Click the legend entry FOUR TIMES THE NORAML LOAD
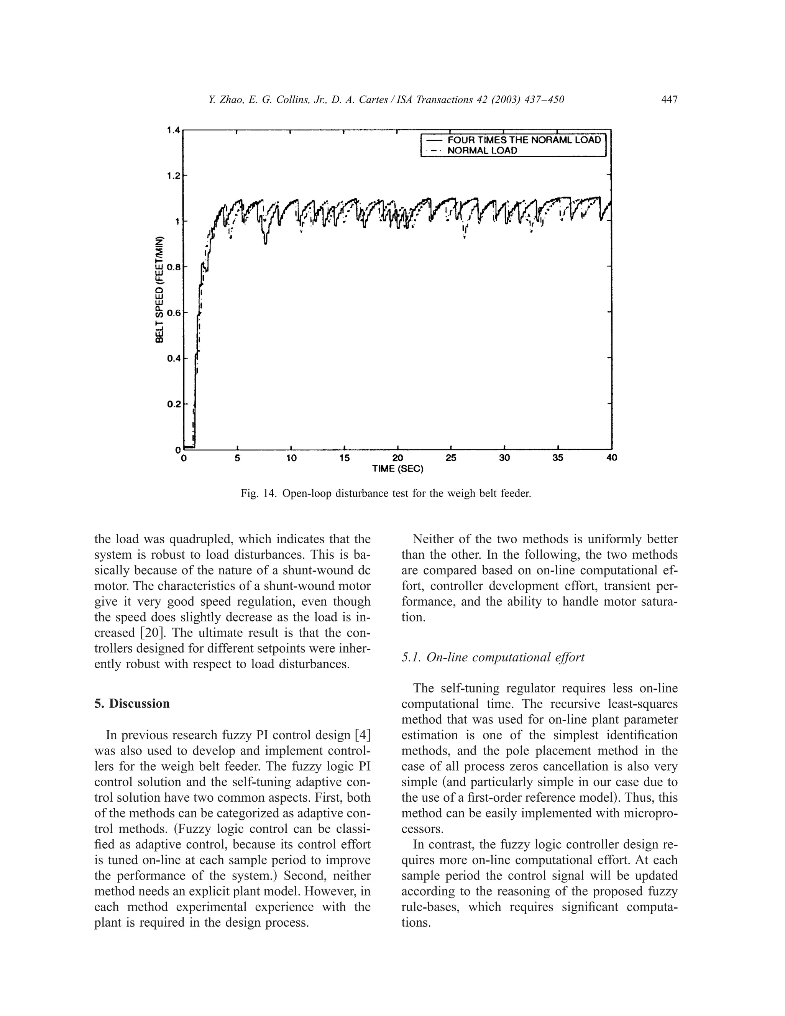pyautogui.click(x=524, y=140)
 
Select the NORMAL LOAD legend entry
pyautogui.click(x=482, y=151)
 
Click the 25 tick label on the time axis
pyautogui.click(x=451, y=458)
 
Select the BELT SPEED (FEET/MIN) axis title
pyautogui.click(x=159, y=290)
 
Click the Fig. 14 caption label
pyautogui.click(x=259, y=493)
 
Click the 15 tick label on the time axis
pyautogui.click(x=344, y=458)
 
